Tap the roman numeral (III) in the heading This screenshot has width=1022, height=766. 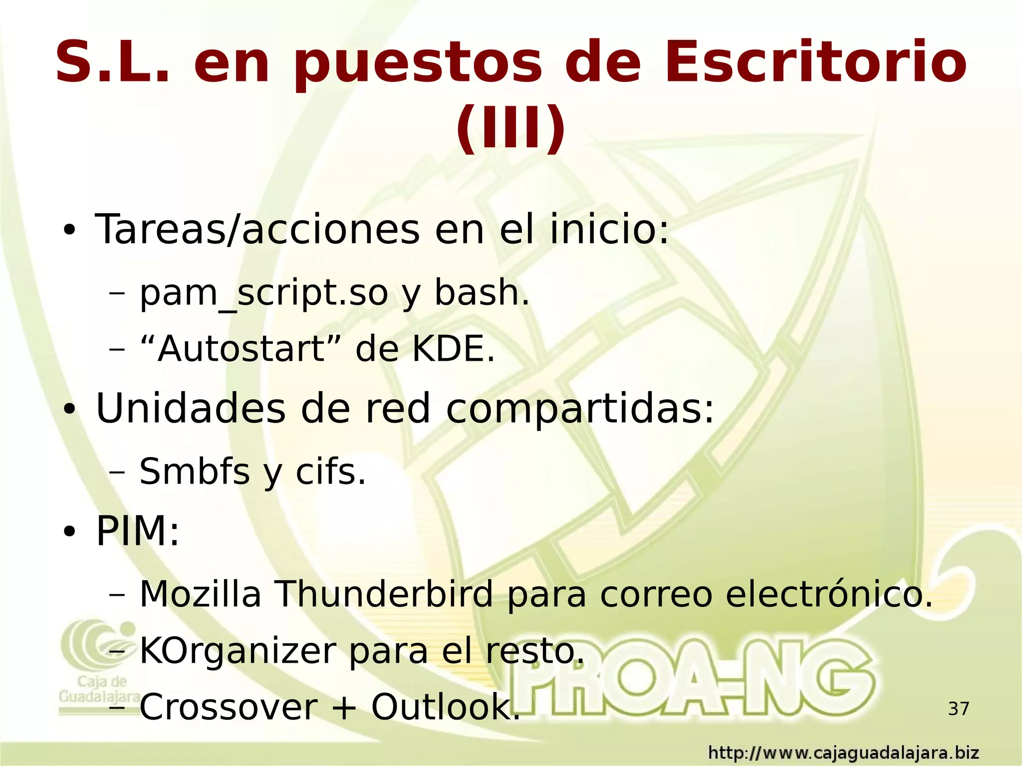coord(511,128)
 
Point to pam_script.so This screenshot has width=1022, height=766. coord(263,293)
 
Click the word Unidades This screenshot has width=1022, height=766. coord(191,409)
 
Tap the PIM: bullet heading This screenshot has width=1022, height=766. coord(137,532)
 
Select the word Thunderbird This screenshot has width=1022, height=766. coord(384,594)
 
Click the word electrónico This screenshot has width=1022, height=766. coord(828,594)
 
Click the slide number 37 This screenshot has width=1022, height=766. coord(958,709)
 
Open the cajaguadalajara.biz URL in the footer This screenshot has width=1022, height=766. coord(843,753)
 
